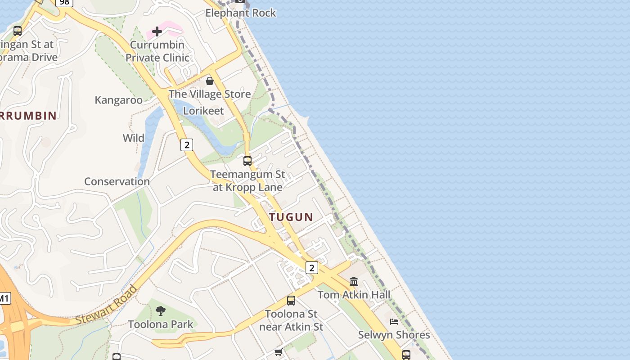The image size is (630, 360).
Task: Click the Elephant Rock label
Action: [x=241, y=13]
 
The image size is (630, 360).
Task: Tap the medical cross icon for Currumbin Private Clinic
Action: [x=157, y=31]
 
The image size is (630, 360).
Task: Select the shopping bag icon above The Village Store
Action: [x=210, y=81]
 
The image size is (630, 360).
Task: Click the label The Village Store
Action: [x=210, y=94]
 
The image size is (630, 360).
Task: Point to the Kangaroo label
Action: [x=118, y=100]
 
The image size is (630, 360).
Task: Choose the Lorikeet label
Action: [x=203, y=111]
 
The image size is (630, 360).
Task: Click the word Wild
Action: [x=134, y=138]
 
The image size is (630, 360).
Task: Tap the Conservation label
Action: [x=117, y=181]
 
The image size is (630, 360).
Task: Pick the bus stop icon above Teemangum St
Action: [x=247, y=161]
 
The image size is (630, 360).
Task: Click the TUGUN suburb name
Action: [x=291, y=217]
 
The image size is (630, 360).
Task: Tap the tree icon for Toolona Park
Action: [x=160, y=310]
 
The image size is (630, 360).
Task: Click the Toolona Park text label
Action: [x=161, y=324]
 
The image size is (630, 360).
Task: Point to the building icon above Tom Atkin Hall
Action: [x=354, y=282]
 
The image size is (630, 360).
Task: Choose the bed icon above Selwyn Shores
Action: [x=394, y=322]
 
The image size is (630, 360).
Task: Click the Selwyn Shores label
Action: [x=394, y=335]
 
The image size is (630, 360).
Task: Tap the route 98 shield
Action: [x=65, y=2]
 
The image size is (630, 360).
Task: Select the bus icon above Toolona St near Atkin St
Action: [x=291, y=300]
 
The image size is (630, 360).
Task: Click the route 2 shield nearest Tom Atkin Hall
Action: [x=311, y=268]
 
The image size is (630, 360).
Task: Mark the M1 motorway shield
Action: [x=4, y=298]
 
